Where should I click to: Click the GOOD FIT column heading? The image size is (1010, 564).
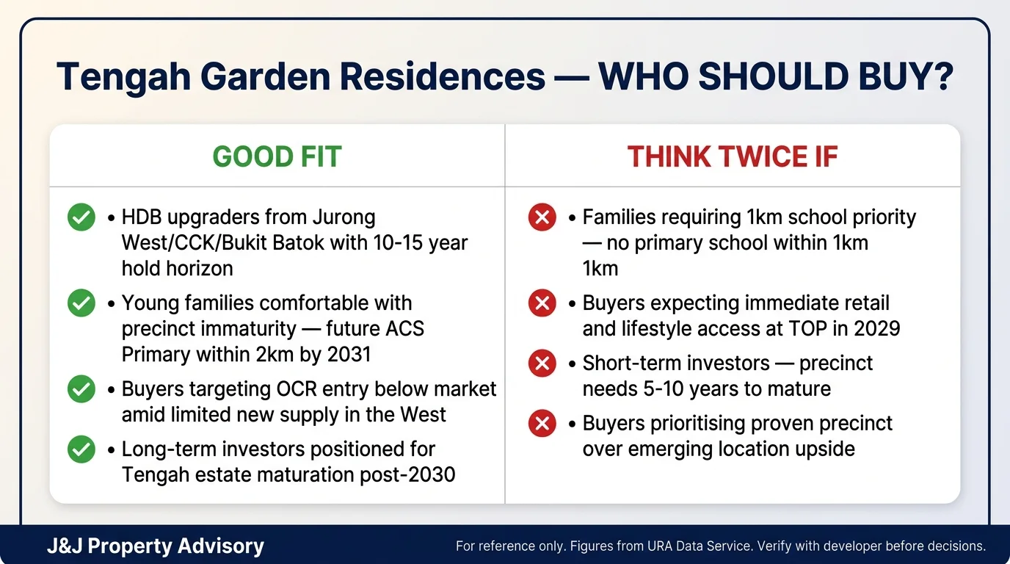277,156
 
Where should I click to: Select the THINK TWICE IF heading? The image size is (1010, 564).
732,156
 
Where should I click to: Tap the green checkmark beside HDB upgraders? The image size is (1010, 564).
81,217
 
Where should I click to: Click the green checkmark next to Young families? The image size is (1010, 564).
81,303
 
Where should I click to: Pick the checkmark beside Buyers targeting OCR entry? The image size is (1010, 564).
81,389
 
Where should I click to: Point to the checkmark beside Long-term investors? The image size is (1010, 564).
81,449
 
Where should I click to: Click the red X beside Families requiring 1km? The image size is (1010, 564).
542,217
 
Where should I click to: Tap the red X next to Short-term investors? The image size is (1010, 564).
542,363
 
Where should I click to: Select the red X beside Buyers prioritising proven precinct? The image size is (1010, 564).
542,424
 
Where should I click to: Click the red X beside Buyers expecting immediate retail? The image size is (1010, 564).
542,303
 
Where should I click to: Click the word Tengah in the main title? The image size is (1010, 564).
118,77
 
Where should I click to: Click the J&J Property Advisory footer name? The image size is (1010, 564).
155,546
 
